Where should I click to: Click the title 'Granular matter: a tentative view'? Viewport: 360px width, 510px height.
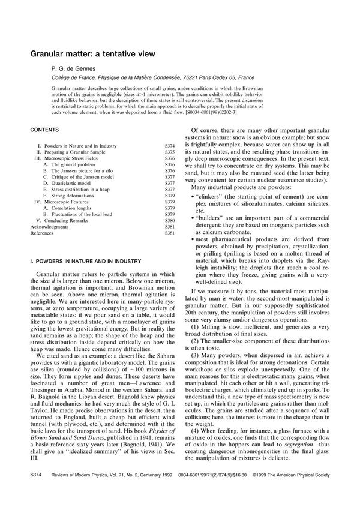pos(93,53)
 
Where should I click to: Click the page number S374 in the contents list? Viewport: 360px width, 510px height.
pos(170,146)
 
